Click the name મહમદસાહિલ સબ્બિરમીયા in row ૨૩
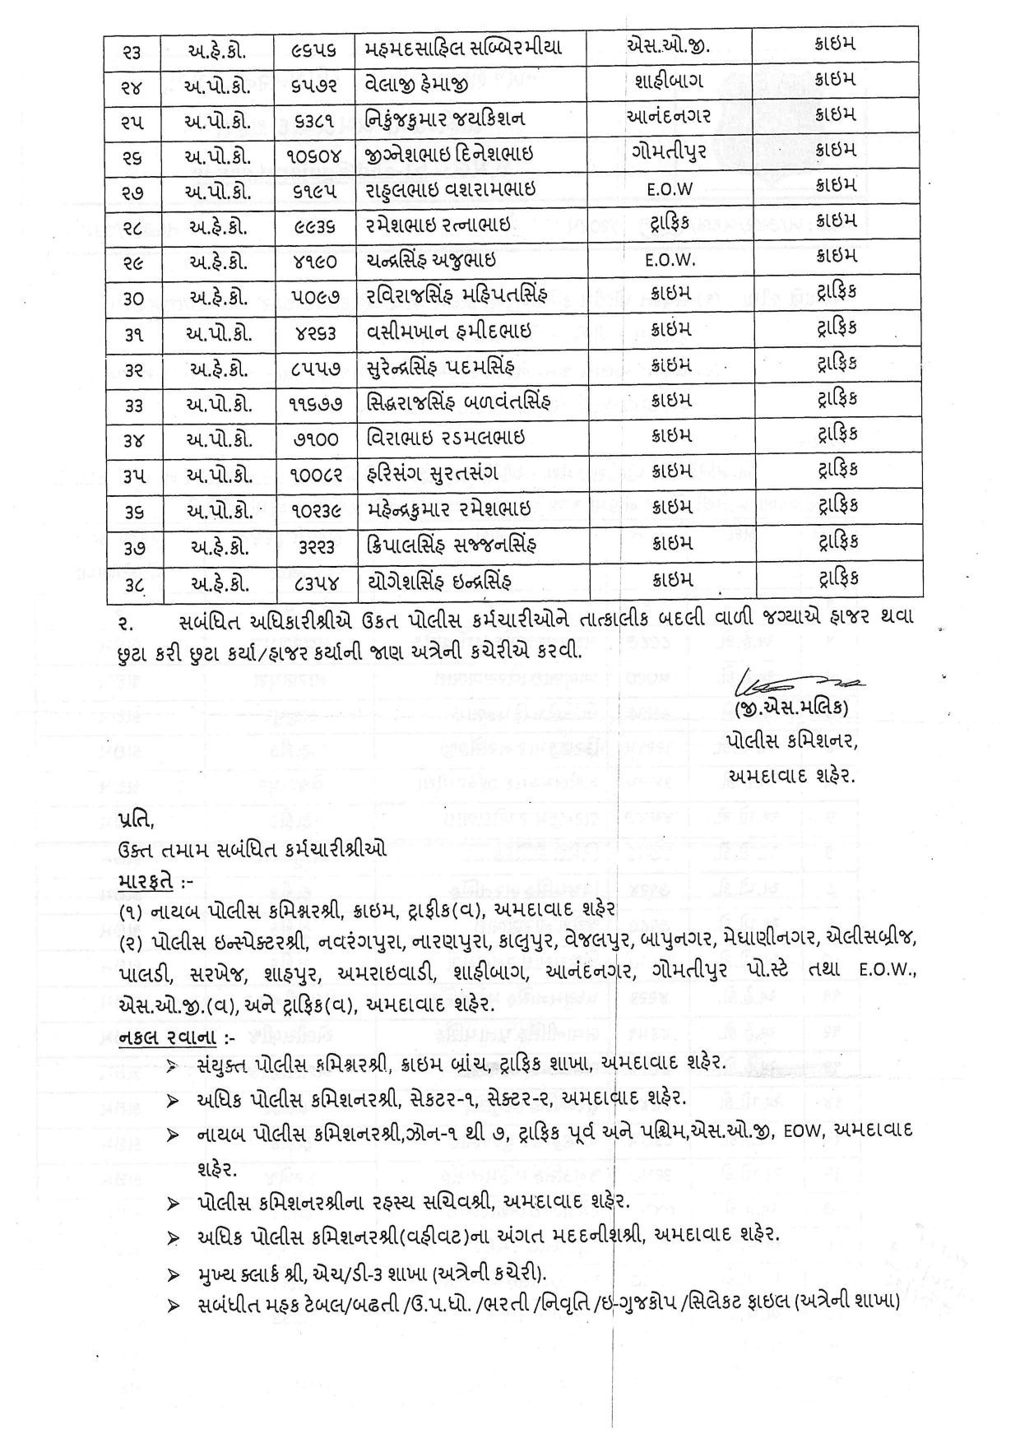(463, 48)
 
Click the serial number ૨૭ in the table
(134, 190)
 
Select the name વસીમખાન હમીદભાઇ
(448, 331)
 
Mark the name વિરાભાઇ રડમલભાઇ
(445, 438)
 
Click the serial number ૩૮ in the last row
(134, 582)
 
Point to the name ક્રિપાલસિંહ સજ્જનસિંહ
(453, 545)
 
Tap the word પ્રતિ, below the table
(136, 820)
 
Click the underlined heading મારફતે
(146, 881)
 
